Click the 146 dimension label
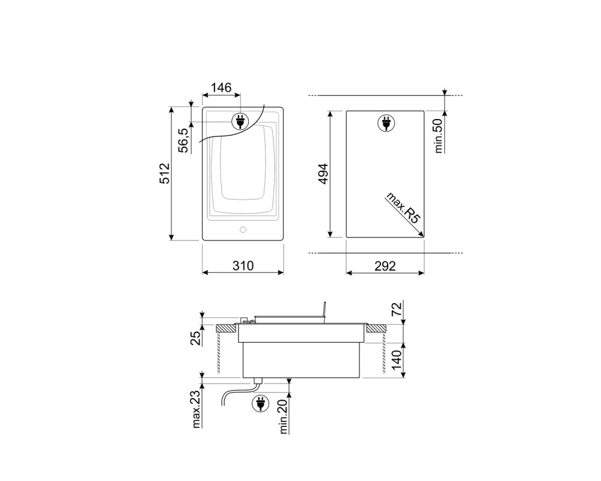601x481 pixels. (x=221, y=88)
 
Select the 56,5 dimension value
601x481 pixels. (x=184, y=140)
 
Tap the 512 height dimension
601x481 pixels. (x=165, y=173)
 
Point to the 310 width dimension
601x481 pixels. (x=243, y=266)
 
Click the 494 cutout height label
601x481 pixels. (x=324, y=174)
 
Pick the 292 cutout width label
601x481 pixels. (x=385, y=266)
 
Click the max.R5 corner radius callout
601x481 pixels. (x=403, y=207)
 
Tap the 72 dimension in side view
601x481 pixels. (x=397, y=309)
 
